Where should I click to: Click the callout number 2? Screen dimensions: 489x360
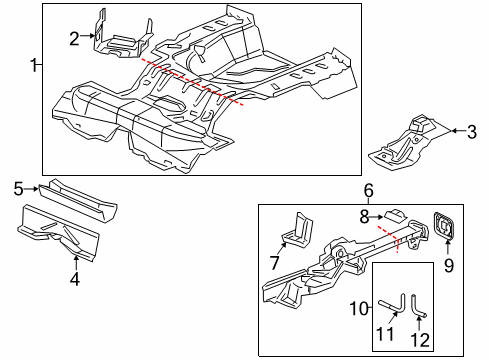click(x=74, y=38)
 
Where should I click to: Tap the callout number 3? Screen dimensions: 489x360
click(x=471, y=132)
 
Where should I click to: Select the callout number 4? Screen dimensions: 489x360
click(x=75, y=279)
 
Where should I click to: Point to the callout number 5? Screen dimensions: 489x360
click(x=19, y=189)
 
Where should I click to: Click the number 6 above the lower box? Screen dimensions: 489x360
click(x=368, y=191)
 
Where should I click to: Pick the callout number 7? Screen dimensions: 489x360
click(x=274, y=263)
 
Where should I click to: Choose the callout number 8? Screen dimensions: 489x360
click(x=364, y=217)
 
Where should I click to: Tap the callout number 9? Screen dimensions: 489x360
click(x=449, y=266)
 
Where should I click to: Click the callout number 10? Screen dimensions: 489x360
click(x=359, y=309)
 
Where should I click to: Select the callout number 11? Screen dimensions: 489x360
click(x=385, y=333)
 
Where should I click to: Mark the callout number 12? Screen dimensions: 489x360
click(x=420, y=340)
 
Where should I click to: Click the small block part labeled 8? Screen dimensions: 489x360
click(x=396, y=216)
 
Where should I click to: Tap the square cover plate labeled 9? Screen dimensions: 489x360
click(x=443, y=225)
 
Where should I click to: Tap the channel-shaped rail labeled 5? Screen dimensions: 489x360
click(x=77, y=200)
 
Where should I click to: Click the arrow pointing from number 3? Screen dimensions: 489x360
click(x=458, y=131)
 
